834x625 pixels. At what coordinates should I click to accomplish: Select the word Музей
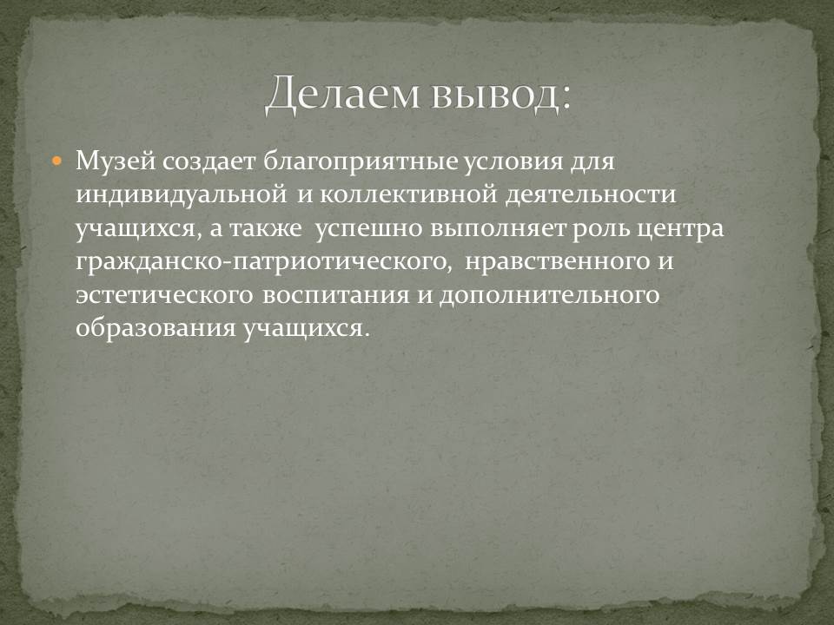(115, 161)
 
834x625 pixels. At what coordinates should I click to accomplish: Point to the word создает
(209, 161)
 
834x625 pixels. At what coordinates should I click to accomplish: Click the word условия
(513, 162)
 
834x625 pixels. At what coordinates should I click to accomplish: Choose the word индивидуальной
(182, 195)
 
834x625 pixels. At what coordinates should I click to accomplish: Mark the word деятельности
(591, 195)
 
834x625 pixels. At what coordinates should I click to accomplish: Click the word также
(266, 228)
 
